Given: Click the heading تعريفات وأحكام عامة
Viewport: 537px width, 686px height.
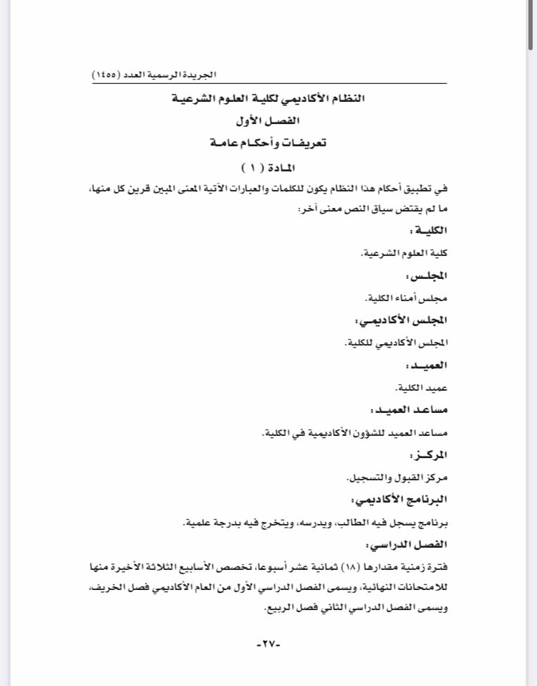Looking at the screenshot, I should (x=268, y=143).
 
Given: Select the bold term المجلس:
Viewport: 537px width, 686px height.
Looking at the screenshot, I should (x=426, y=275).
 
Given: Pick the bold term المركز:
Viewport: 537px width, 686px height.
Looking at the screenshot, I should (x=426, y=454).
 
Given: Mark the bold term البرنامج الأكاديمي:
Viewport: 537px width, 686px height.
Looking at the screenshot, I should (x=400, y=499).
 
